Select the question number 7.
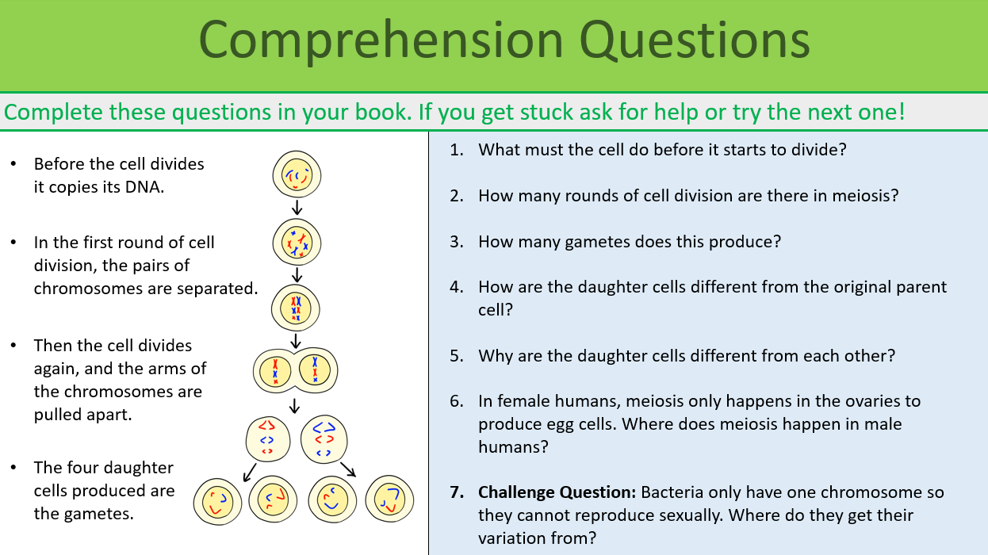457,492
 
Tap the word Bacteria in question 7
672,492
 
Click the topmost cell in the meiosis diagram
297,175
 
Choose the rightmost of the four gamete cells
390,500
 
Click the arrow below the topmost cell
297,208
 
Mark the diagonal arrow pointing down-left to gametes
249,472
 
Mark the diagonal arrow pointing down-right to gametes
348,469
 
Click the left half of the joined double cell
275,370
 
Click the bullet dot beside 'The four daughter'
13,468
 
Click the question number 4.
457,287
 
